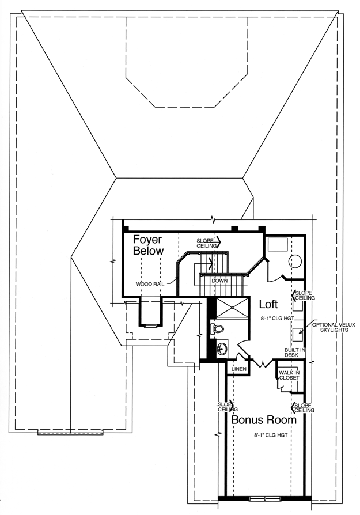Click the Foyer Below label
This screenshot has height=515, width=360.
(x=148, y=245)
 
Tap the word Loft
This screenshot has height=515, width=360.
(x=268, y=304)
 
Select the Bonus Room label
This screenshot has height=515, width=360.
(x=264, y=420)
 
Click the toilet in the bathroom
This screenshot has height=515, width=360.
(x=217, y=330)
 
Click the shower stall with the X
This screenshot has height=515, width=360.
(x=232, y=308)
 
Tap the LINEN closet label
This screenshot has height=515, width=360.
(x=239, y=369)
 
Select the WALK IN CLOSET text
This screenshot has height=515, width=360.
(x=289, y=375)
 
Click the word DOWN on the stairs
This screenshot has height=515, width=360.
(x=219, y=281)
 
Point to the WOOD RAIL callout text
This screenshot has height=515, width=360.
(x=150, y=284)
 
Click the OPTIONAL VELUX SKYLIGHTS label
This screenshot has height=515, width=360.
(x=334, y=327)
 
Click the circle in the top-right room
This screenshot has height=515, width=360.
(x=295, y=262)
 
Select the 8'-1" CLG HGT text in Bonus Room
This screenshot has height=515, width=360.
(x=271, y=435)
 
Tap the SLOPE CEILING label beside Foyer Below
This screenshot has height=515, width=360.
(x=206, y=243)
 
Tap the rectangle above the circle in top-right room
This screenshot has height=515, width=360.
(x=278, y=244)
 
